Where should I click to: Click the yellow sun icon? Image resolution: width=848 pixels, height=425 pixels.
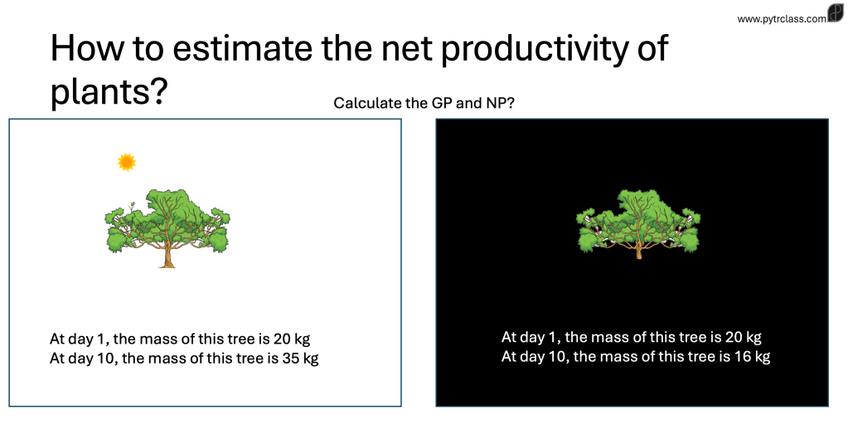pyautogui.click(x=127, y=162)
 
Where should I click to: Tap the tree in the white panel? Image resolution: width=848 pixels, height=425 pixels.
pyautogui.click(x=167, y=228)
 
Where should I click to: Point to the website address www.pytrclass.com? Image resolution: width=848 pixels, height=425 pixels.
pyautogui.click(x=782, y=19)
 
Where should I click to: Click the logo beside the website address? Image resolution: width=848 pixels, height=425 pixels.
pyautogui.click(x=836, y=12)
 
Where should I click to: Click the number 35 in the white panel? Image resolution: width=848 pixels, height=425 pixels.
pyautogui.click(x=291, y=359)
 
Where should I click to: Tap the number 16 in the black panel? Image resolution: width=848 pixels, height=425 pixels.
pyautogui.click(x=743, y=356)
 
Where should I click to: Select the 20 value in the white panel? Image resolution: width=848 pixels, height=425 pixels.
pyautogui.click(x=283, y=339)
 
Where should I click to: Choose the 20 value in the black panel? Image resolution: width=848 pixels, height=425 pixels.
pyautogui.click(x=734, y=337)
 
